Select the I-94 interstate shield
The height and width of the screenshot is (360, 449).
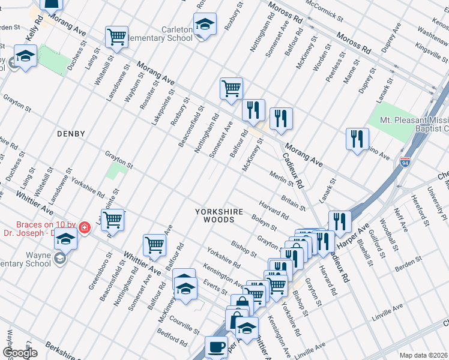click(405, 163)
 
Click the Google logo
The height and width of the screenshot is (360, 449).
click(20, 353)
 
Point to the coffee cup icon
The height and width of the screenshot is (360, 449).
click(216, 346)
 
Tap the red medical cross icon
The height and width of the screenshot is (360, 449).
click(85, 227)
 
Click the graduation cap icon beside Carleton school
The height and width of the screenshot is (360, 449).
click(205, 25)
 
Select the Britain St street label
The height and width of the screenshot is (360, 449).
click(293, 202)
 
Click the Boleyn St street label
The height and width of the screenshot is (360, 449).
click(264, 223)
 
